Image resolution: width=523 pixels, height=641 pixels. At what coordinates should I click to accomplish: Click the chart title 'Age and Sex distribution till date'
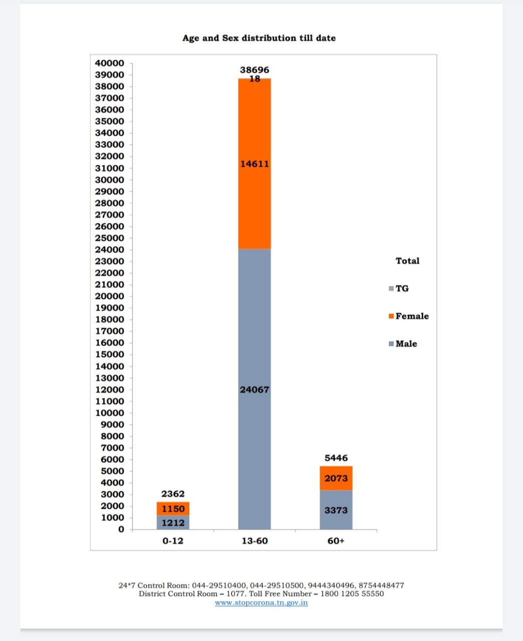[x=259, y=38]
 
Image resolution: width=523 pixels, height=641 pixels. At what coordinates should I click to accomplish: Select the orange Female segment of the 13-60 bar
[x=254, y=200]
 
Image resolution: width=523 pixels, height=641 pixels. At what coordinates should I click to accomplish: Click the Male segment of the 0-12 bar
[x=173, y=523]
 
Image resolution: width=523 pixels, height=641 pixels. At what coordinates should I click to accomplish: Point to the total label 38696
[x=254, y=70]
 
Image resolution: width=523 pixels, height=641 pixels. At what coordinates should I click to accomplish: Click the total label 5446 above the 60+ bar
[x=336, y=458]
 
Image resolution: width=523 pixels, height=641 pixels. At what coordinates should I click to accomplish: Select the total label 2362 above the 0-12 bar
[x=173, y=494]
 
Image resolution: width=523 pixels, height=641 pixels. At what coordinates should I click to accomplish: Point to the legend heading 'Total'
[x=407, y=261]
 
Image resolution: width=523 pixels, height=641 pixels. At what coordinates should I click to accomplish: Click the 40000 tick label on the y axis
[x=110, y=63]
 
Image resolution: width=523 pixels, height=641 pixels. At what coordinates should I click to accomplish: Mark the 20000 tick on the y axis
[x=110, y=296]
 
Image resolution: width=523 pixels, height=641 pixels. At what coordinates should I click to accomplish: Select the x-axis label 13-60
[x=254, y=541]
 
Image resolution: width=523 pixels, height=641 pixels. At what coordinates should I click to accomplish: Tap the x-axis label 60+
[x=336, y=541]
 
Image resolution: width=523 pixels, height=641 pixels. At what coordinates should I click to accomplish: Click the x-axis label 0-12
[x=173, y=541]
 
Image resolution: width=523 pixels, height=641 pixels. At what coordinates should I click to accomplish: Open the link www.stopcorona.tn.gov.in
[x=261, y=602]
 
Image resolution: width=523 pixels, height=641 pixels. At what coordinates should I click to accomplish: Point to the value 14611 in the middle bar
[x=254, y=164]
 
